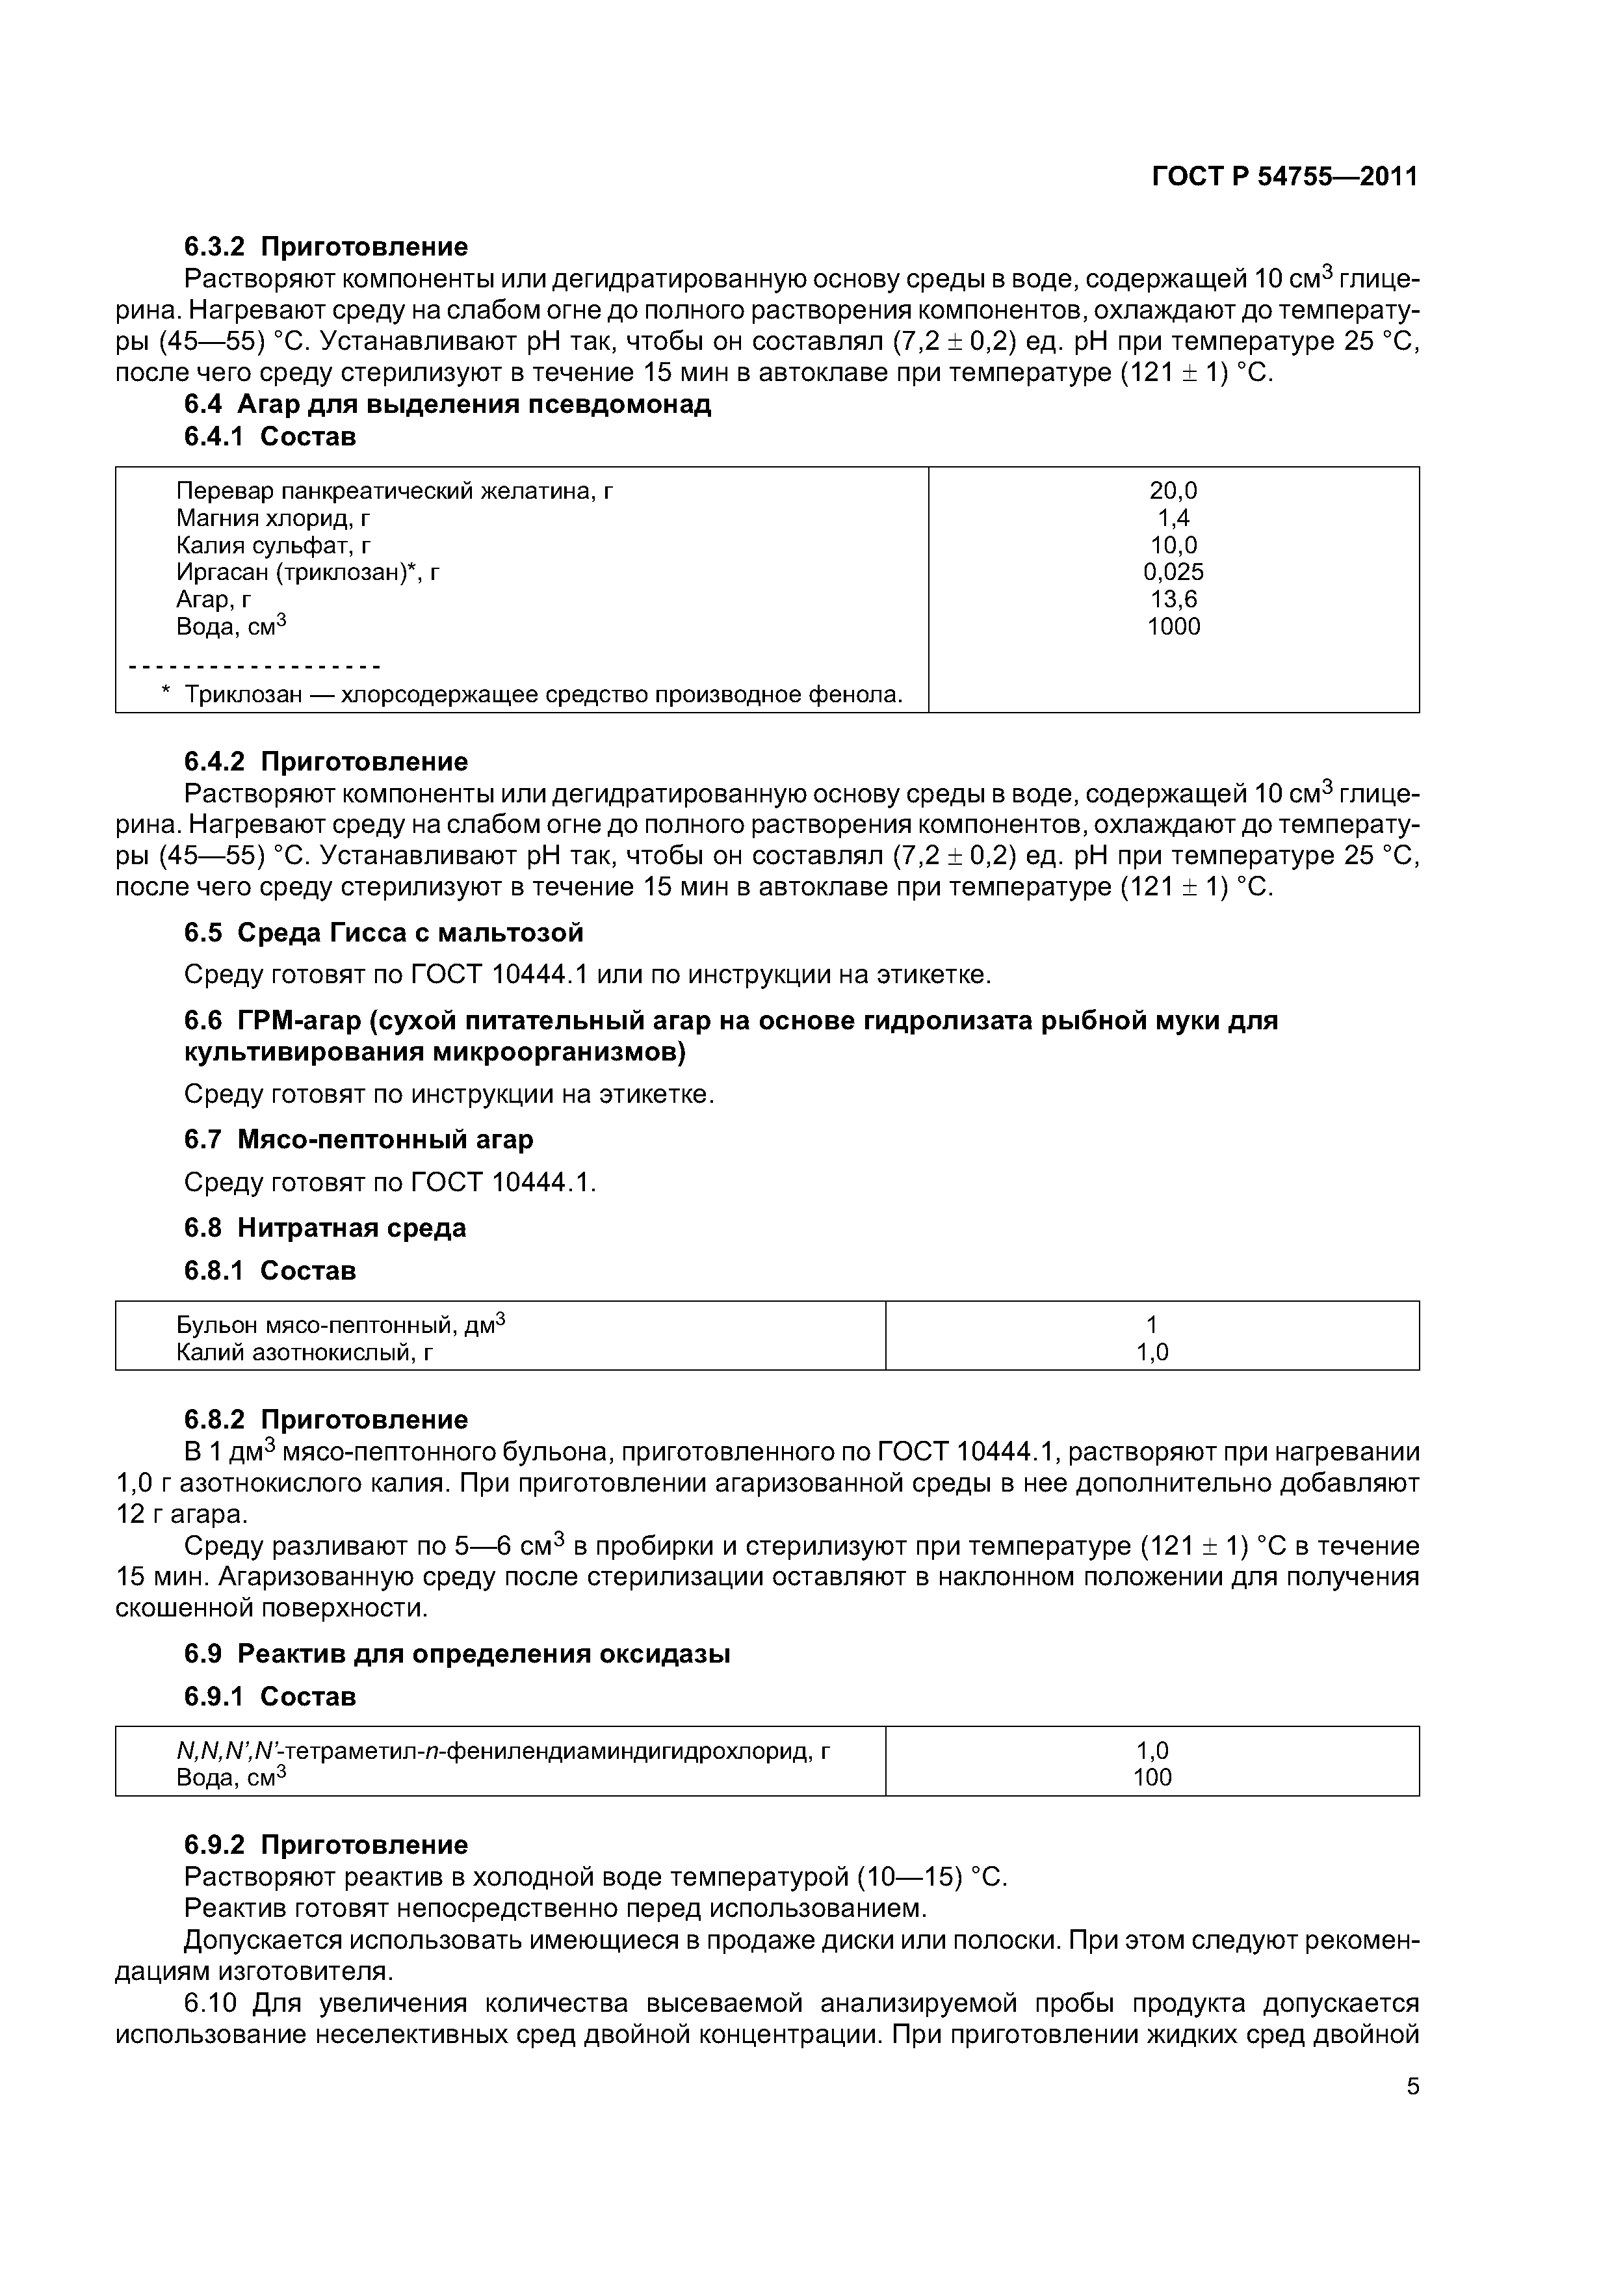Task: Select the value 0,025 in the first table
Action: pos(1173,572)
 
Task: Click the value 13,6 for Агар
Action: pos(1173,599)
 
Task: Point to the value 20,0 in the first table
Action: pos(1173,491)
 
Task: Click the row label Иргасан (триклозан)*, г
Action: pos(308,572)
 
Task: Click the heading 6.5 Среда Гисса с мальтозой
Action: pos(383,933)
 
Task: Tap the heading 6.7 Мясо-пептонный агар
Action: pos(359,1139)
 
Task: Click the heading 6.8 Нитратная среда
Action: pos(325,1228)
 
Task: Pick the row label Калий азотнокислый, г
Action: pos(305,1352)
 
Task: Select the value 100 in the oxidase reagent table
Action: pos(1152,1777)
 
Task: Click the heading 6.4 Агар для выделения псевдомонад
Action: pos(447,404)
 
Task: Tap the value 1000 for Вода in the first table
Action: pos(1173,627)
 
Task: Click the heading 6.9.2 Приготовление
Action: pos(326,1845)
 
